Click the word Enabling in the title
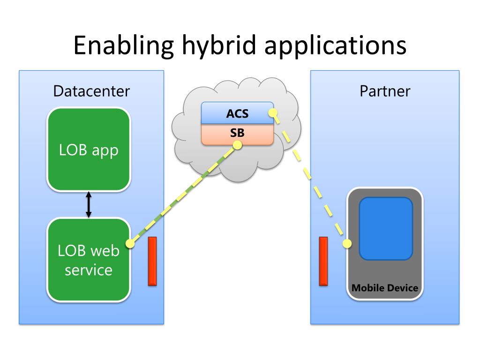(x=124, y=45)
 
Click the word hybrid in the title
(x=219, y=45)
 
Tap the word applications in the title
(x=335, y=45)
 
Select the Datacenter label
(x=91, y=91)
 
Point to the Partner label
(x=385, y=91)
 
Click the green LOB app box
(x=89, y=150)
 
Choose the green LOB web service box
(x=89, y=260)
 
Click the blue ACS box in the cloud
(x=237, y=113)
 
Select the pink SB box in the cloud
(x=237, y=134)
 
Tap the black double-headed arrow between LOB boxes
(x=89, y=204)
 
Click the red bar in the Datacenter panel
(x=152, y=261)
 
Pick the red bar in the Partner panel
(x=323, y=261)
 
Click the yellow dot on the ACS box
(x=273, y=113)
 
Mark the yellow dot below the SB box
(x=237, y=145)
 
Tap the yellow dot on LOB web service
(x=130, y=244)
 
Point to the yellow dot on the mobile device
(x=347, y=244)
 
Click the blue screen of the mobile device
(x=386, y=229)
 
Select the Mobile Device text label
(x=385, y=288)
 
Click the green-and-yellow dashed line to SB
(x=184, y=195)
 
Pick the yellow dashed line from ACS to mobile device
(x=310, y=178)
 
